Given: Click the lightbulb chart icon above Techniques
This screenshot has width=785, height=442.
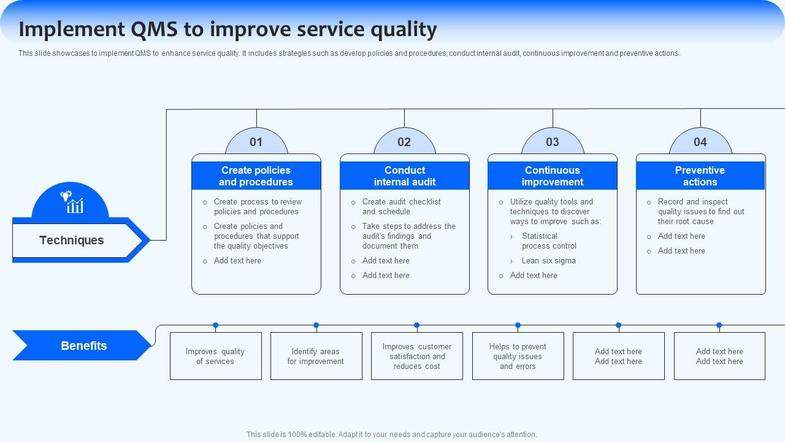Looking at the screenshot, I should click(71, 202).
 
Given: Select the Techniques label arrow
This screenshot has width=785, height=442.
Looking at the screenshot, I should click(72, 240).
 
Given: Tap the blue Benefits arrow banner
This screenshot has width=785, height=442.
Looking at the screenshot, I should click(83, 346).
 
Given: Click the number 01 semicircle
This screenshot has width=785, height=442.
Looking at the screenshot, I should click(256, 142).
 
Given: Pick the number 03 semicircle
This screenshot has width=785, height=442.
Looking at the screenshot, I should click(553, 142).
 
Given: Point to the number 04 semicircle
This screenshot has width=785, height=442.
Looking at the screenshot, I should click(700, 142).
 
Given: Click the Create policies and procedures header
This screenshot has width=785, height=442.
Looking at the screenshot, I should click(256, 176).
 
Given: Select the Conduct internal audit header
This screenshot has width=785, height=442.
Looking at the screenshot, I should click(405, 176).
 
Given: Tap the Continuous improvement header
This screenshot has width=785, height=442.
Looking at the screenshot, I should click(553, 176).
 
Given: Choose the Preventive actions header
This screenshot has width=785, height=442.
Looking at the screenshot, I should click(700, 176).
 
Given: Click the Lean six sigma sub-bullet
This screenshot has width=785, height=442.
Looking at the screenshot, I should click(548, 260).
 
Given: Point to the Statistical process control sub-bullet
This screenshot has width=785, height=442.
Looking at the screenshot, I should click(549, 241).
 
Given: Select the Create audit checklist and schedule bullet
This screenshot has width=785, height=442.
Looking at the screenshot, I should click(402, 206).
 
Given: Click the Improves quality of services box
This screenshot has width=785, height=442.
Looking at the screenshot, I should click(215, 356).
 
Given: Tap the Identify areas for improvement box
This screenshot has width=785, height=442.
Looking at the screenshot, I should click(316, 356).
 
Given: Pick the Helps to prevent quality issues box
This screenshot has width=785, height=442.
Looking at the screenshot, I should click(518, 356).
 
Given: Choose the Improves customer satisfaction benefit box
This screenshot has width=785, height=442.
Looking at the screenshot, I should click(417, 356).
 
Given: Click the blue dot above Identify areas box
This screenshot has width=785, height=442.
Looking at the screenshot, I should click(316, 325).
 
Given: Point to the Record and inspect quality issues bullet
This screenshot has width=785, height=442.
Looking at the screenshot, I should click(701, 211).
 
